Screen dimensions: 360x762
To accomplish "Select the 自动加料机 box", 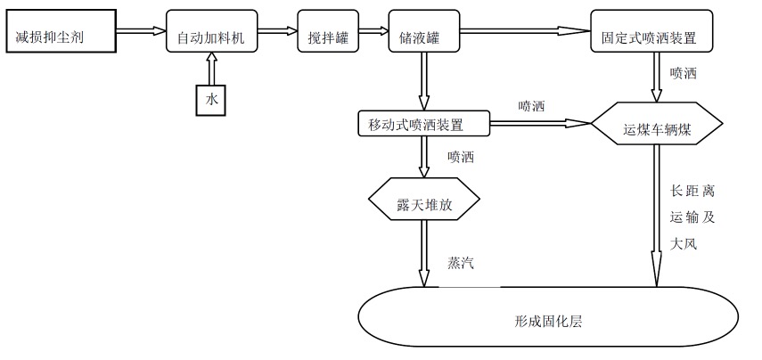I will pos(210,38).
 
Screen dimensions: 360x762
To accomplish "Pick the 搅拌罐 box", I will pos(328,38).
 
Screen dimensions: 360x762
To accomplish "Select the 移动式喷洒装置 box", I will pos(423,122).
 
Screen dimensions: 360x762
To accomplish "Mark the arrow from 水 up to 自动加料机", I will pos(211,70).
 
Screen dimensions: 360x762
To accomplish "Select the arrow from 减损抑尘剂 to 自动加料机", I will pos(141,32).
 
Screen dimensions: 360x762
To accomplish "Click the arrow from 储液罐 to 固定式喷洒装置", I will pos(526,32).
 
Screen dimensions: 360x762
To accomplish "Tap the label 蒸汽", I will pos(460,264).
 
